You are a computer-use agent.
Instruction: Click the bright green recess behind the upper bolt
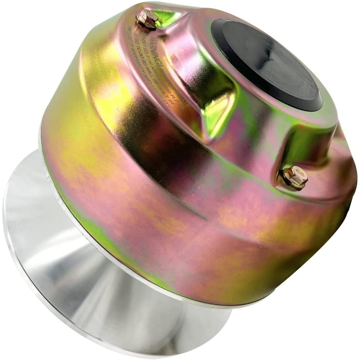click(x=167, y=16)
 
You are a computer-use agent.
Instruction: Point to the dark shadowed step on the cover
click(x=173, y=151)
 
